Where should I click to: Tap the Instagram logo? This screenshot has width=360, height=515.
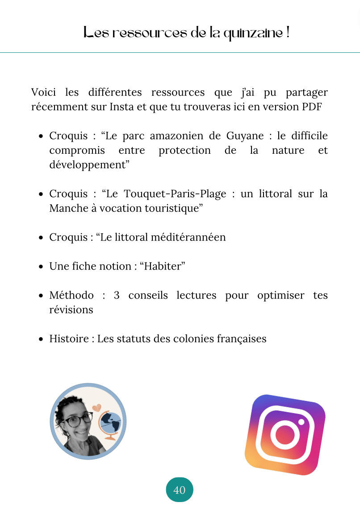285,435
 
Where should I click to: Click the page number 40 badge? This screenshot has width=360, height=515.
180,490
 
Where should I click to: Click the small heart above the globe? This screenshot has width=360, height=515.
96,407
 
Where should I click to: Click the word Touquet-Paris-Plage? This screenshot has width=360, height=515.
175,194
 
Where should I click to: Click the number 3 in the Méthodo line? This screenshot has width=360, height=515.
116,295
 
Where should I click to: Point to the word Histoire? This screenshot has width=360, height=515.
69,338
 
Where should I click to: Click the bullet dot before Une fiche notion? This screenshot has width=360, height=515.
41,267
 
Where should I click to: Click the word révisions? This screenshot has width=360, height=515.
71,309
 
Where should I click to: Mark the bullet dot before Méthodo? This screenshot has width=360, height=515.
41,296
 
